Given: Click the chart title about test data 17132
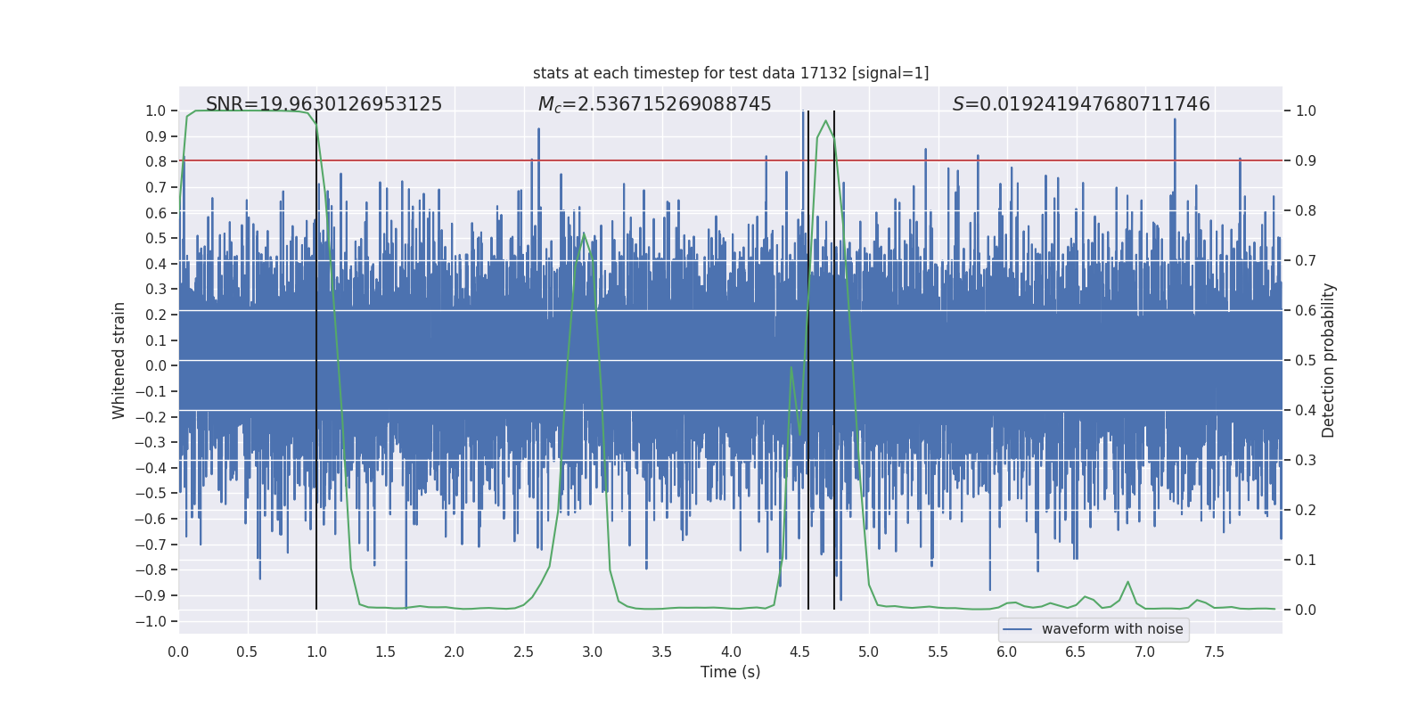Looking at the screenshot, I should [x=731, y=73].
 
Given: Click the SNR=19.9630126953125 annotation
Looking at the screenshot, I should [x=324, y=104].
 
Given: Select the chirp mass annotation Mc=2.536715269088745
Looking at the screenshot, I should [x=654, y=104].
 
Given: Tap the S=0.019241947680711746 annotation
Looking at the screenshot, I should [x=1081, y=104].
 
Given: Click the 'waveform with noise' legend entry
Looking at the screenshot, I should [x=1111, y=629].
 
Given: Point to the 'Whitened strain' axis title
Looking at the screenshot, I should [x=119, y=360].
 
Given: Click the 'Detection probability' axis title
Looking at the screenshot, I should [x=1329, y=360].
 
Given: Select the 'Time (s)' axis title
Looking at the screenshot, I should [x=730, y=672].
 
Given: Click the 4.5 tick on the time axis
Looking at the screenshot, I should [x=799, y=652].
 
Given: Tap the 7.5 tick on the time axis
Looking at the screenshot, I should [x=1214, y=652].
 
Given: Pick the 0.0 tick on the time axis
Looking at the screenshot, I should [x=178, y=652].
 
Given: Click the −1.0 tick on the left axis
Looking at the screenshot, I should [x=155, y=621].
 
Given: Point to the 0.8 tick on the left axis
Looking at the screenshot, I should [x=156, y=161].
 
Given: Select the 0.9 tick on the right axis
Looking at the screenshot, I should [x=1306, y=161].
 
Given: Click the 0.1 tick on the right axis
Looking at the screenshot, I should [x=1306, y=560].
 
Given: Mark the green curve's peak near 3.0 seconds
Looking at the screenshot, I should [x=584, y=234].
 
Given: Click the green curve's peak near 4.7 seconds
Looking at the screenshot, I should [x=825, y=120].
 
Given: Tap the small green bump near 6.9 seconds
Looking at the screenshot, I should [x=1127, y=582].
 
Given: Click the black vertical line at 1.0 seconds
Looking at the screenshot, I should [x=316, y=356].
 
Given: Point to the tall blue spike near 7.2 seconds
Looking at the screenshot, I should [x=1175, y=125].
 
